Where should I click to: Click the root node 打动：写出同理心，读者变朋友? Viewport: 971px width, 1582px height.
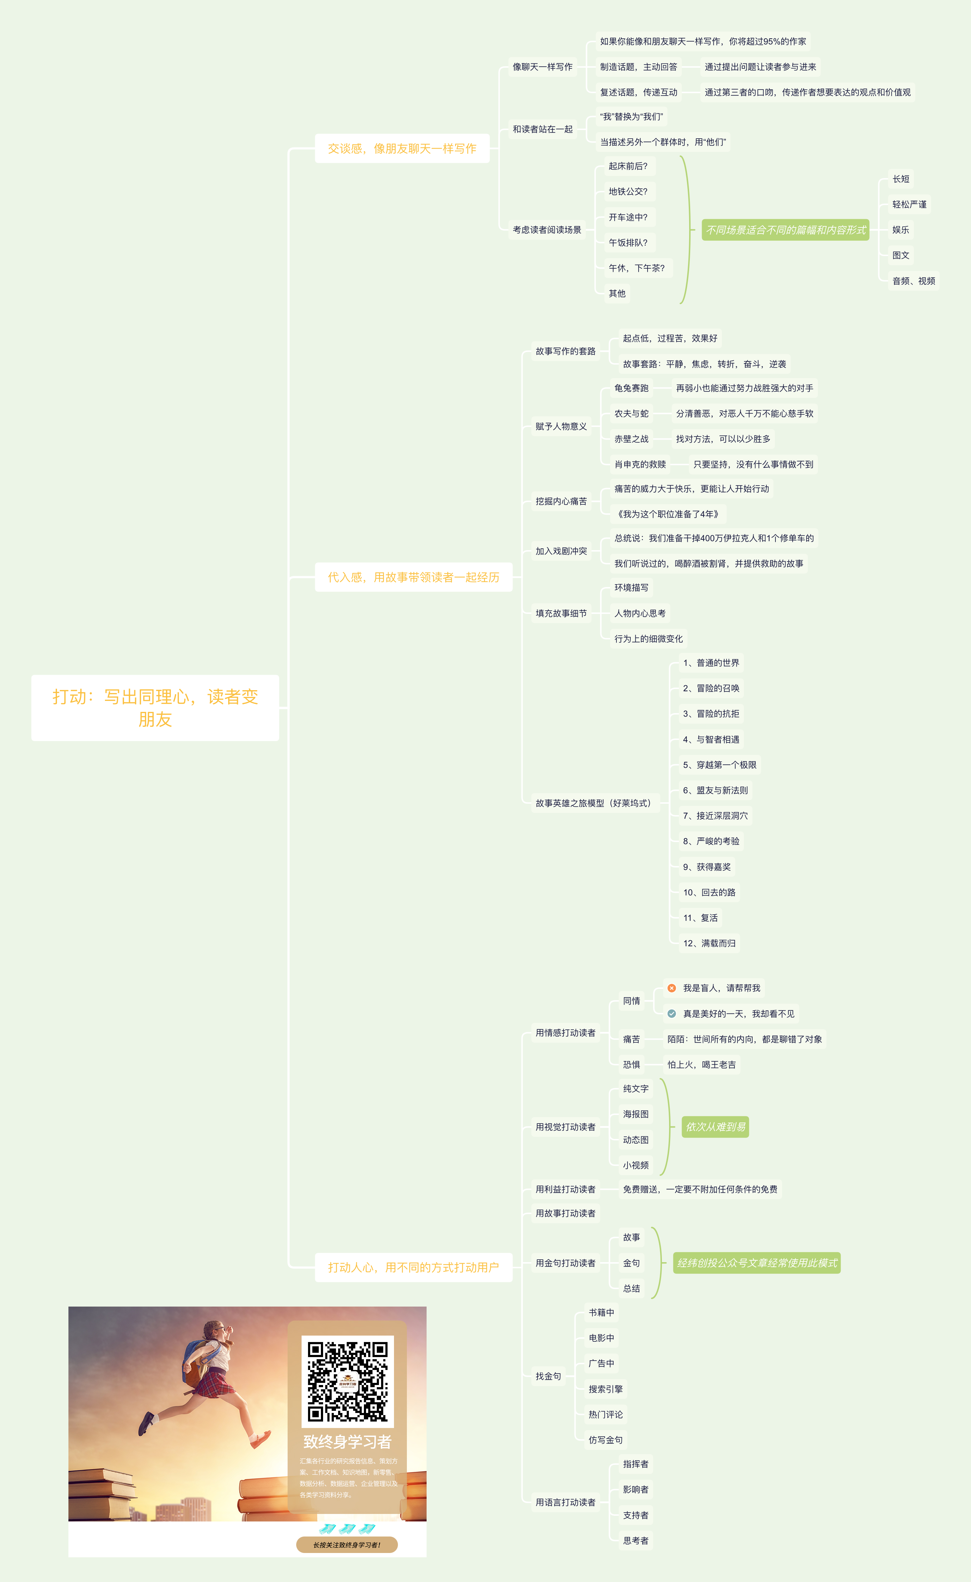coord(155,707)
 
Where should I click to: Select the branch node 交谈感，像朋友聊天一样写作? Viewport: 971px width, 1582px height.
coord(402,148)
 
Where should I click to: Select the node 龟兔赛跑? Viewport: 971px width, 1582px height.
coord(631,388)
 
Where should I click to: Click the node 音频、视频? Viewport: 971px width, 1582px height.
coord(913,280)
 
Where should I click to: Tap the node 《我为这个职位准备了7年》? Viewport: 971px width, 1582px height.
coord(668,514)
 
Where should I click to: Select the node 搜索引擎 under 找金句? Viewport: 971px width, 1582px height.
coord(606,1389)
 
